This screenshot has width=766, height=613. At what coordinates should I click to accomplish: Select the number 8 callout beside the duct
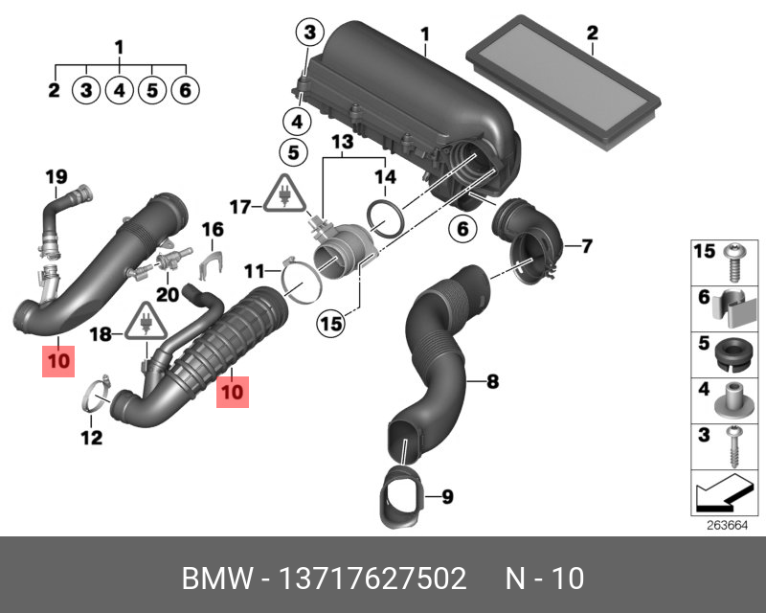[x=492, y=383]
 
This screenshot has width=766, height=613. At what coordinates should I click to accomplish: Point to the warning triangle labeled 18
[x=145, y=326]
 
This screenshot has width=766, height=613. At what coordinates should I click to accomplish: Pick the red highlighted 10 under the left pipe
[x=57, y=363]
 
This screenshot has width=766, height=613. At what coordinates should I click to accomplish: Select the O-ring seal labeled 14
[x=384, y=219]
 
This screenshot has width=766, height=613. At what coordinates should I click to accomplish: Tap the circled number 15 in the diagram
[x=330, y=325]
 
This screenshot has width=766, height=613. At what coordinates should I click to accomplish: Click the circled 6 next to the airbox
[x=462, y=229]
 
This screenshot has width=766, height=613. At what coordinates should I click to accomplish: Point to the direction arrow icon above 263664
[x=720, y=496]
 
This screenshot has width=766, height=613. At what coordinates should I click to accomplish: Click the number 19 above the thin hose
[x=56, y=175]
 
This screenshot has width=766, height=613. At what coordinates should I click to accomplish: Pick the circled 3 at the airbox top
[x=309, y=34]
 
